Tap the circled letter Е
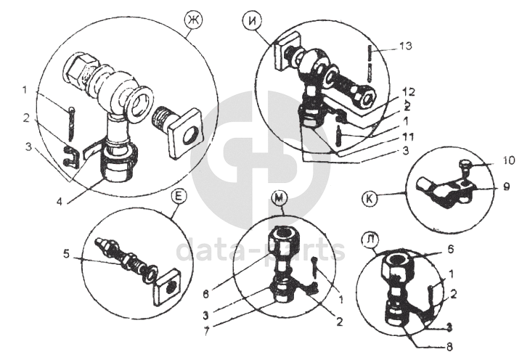click(x=177, y=196)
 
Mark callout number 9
click(x=488, y=185)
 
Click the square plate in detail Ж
click(x=186, y=133)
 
